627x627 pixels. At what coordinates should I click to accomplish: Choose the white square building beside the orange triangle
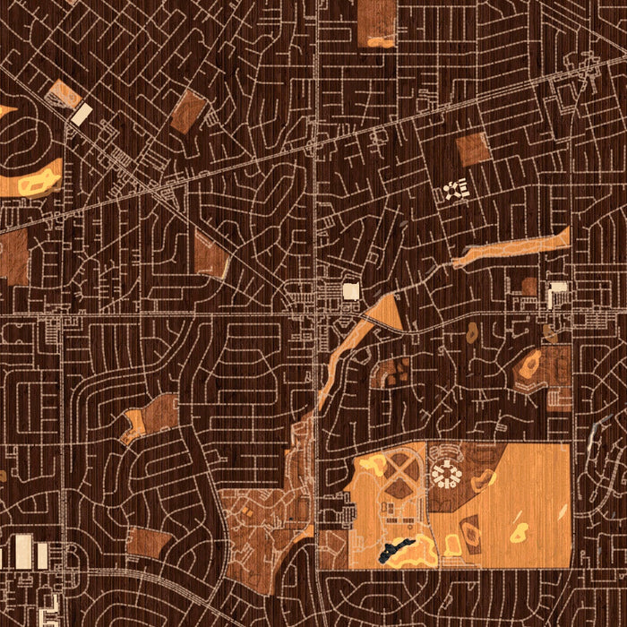[x=351, y=291]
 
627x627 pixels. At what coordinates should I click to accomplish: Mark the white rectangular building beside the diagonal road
[x=82, y=114]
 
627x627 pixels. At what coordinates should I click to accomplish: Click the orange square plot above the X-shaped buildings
[x=472, y=150]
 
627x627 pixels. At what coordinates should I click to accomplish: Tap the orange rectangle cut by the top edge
[x=376, y=21]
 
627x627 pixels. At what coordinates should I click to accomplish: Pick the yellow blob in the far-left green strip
[x=38, y=184]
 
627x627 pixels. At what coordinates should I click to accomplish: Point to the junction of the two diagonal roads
[x=161, y=191]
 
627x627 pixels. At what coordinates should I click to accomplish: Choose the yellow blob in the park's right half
[x=518, y=532]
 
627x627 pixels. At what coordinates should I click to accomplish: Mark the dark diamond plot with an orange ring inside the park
[x=391, y=371]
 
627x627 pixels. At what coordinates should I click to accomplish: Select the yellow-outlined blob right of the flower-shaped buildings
[x=485, y=478]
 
